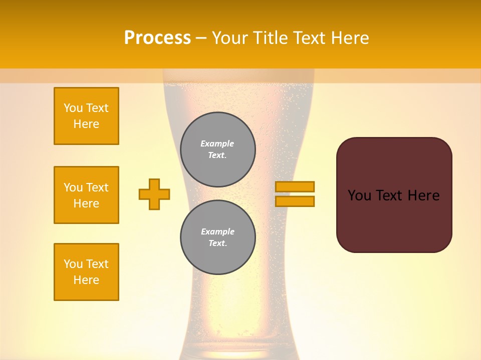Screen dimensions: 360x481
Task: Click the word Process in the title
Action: point(157,38)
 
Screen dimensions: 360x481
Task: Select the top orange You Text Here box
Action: point(86,116)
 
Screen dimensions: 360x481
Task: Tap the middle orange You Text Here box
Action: point(86,195)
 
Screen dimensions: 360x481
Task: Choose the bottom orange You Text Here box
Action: point(86,272)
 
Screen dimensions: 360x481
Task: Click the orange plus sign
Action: point(154,194)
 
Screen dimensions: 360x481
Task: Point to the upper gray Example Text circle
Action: point(217,149)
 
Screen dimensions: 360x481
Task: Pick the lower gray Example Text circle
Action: point(217,237)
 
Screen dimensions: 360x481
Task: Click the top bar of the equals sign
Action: point(295,186)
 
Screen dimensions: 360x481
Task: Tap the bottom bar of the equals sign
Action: point(295,201)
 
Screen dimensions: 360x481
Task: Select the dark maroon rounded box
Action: point(394,220)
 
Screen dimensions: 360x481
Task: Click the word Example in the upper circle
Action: point(217,144)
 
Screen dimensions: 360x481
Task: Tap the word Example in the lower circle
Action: point(217,232)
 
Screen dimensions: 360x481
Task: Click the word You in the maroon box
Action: point(359,195)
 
